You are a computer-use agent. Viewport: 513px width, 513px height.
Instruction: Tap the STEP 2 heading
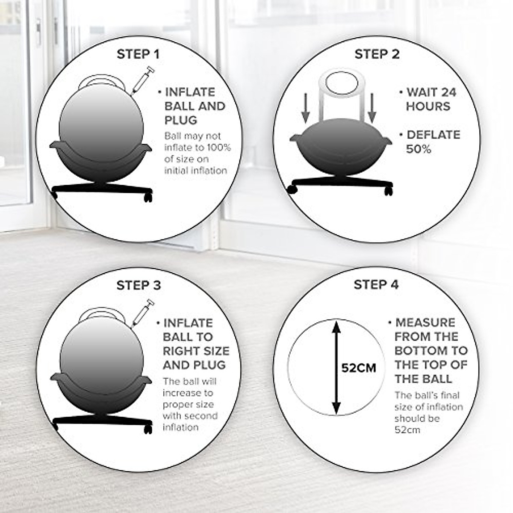377,54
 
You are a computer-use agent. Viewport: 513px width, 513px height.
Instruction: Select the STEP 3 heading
139,285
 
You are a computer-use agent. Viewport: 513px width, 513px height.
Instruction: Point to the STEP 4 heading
376,285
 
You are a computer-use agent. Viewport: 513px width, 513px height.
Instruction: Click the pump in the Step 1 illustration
142,80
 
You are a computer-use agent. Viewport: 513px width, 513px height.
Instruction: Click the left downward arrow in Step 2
305,107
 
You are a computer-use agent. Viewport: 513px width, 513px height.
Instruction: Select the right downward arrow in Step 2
372,107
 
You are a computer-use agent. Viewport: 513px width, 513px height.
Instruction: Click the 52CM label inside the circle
359,368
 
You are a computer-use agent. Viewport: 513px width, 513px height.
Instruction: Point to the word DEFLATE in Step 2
433,135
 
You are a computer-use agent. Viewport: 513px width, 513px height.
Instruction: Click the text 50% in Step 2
419,149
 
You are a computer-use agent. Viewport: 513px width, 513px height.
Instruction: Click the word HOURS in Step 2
428,106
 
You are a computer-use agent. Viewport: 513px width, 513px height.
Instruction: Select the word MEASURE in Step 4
425,322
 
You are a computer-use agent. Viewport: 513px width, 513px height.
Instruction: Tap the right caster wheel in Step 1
148,198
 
